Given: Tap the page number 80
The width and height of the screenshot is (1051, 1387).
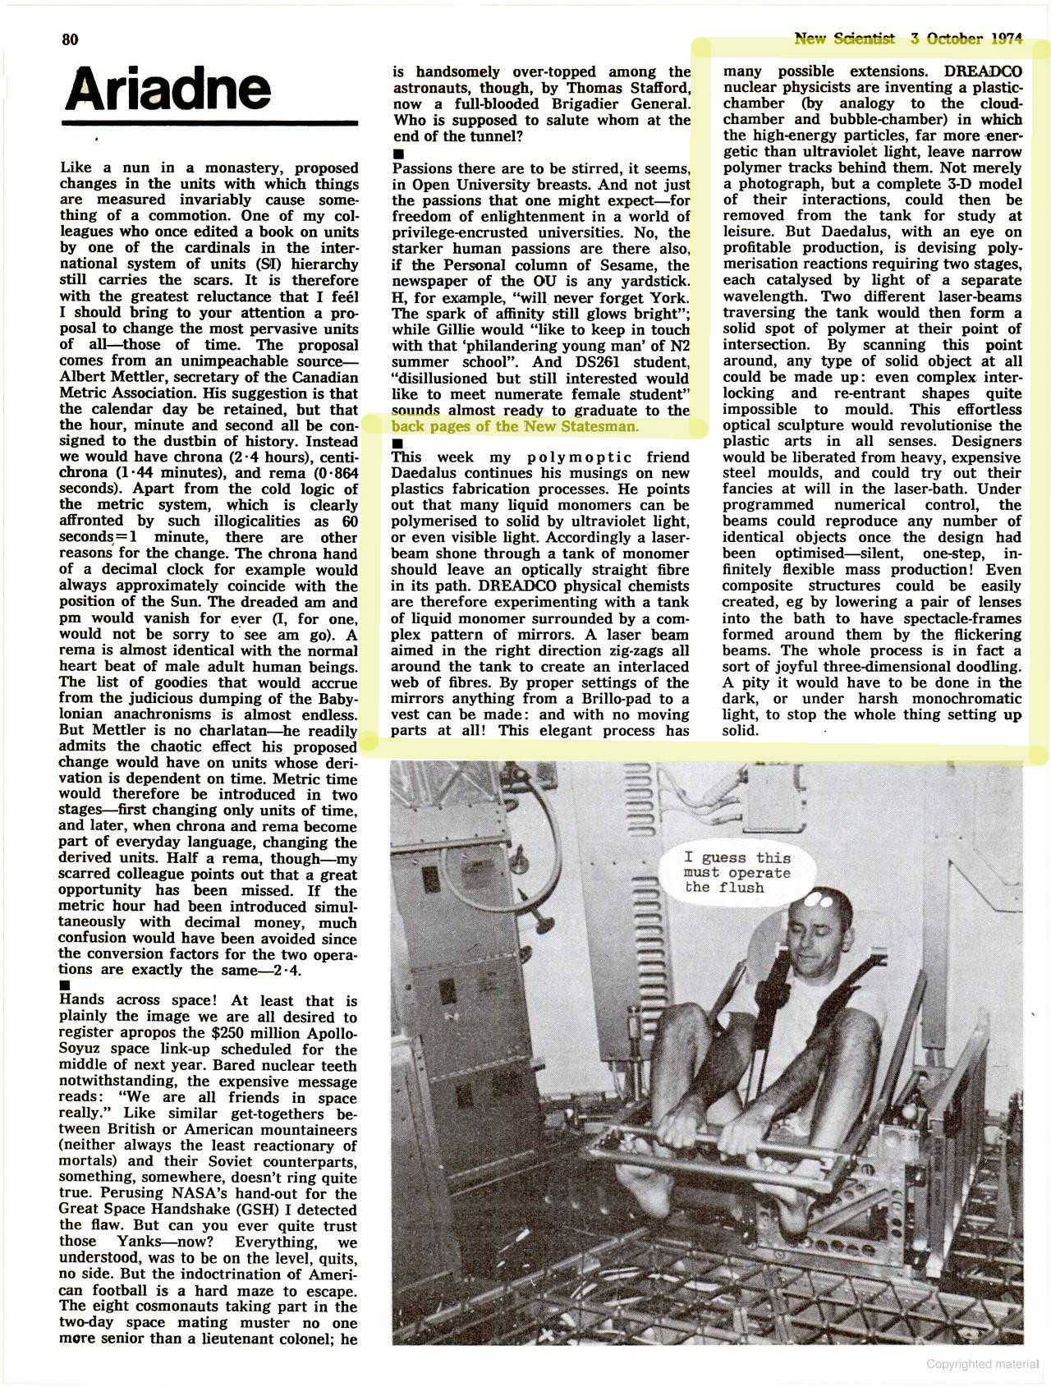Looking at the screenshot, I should click(71, 39).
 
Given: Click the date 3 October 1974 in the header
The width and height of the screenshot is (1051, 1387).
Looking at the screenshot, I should click(966, 39).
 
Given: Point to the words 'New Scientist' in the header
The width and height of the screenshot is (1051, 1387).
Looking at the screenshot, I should click(844, 39).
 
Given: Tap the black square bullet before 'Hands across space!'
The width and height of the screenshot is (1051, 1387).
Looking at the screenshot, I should click(66, 985).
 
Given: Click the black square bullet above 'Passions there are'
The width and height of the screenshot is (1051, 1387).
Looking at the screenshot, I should click(399, 154).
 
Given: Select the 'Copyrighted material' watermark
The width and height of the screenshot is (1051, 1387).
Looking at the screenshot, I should click(982, 1364).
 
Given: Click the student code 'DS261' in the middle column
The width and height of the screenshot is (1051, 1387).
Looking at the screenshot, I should click(591, 361).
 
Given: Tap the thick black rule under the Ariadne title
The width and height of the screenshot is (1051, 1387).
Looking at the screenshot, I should click(210, 123).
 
